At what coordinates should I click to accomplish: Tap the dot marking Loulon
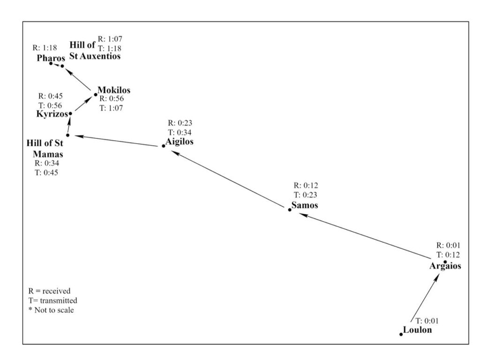pyautogui.click(x=401, y=334)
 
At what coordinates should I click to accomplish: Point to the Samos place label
pyautogui.click(x=305, y=205)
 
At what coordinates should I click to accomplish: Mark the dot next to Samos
pyautogui.click(x=290, y=210)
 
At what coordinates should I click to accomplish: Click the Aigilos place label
pyautogui.click(x=180, y=142)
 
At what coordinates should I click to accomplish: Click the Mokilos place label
pyautogui.click(x=114, y=90)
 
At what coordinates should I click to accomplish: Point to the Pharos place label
pyautogui.click(x=51, y=58)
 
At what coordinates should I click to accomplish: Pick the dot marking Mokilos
pyautogui.click(x=96, y=94)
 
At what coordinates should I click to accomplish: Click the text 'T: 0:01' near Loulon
pyautogui.click(x=429, y=321)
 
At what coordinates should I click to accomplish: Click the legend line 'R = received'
pyautogui.click(x=49, y=291)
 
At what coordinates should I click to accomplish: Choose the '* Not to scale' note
pyautogui.click(x=51, y=310)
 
